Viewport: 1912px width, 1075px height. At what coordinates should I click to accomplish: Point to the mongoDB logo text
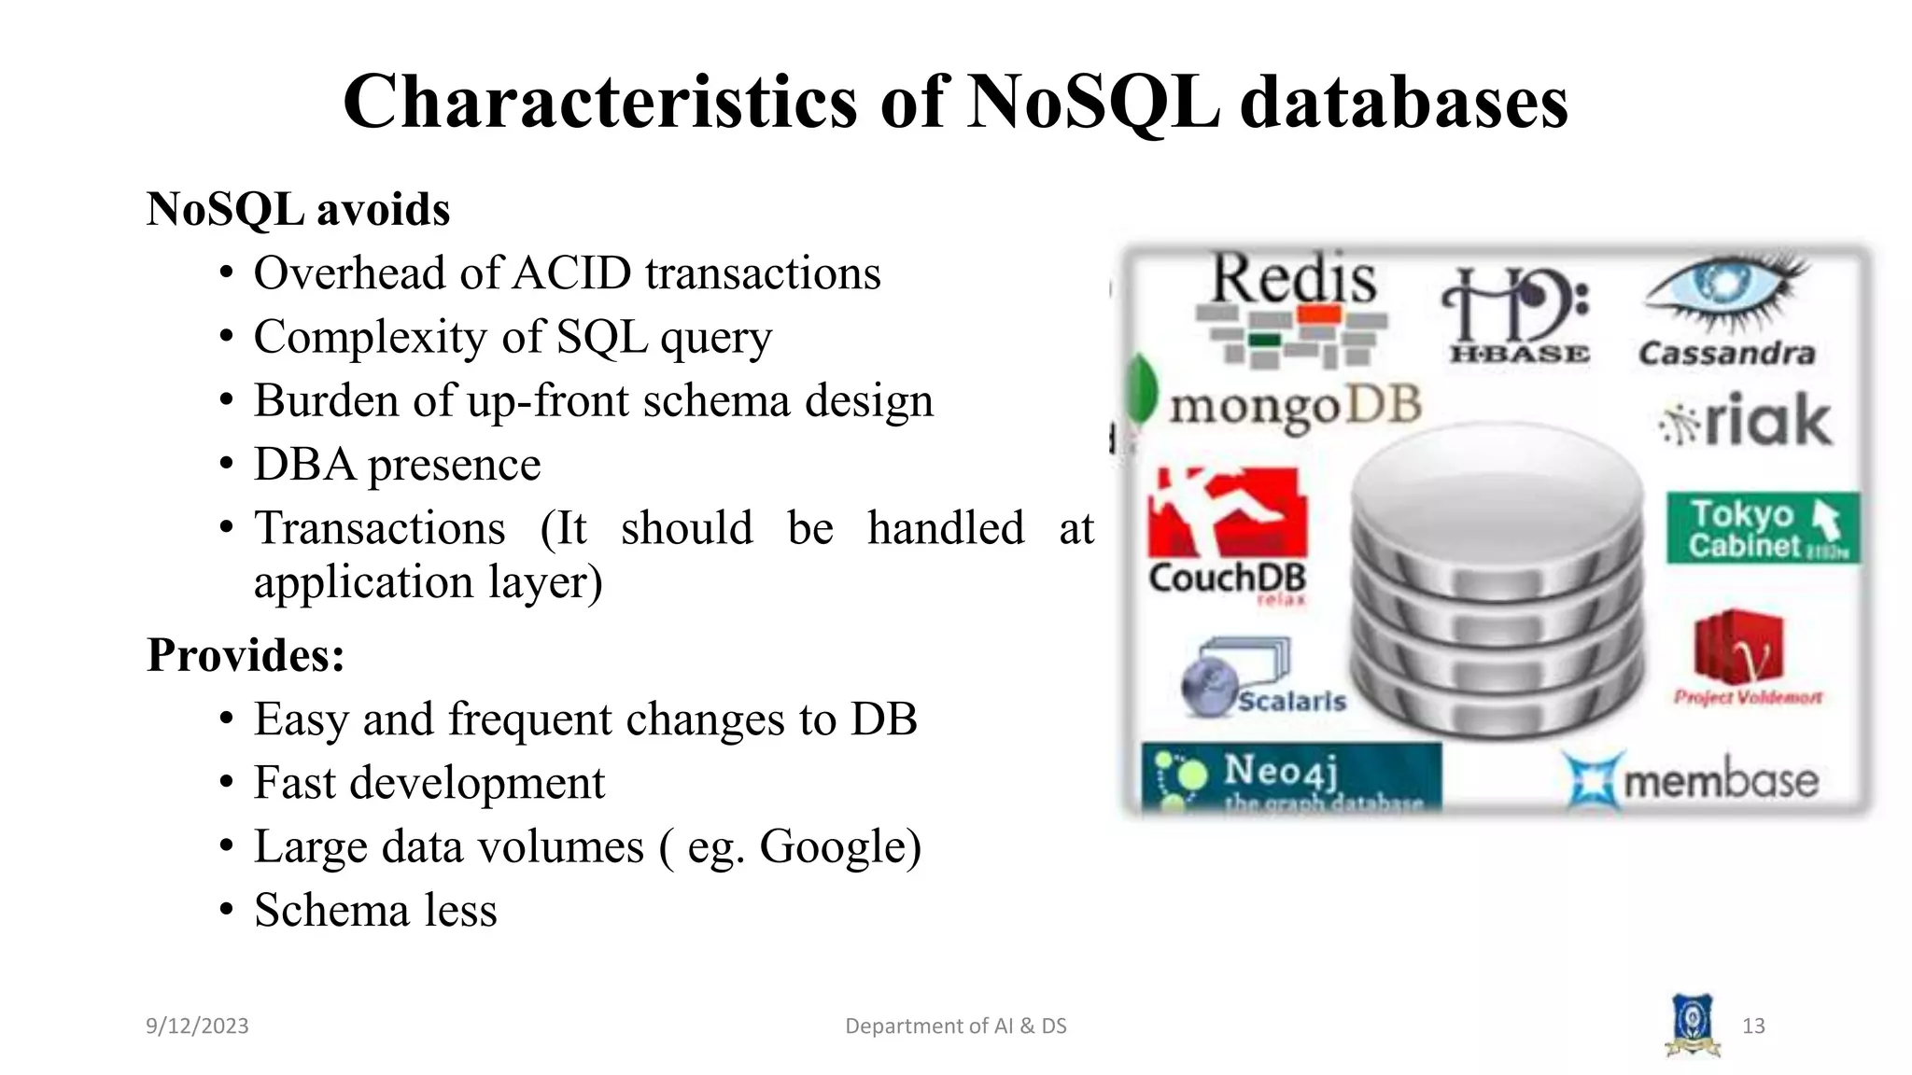(1295, 407)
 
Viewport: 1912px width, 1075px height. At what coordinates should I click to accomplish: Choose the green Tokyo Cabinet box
(1763, 528)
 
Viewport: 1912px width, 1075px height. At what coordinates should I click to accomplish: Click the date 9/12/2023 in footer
(197, 1026)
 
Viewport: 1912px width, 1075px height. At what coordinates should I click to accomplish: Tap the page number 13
(1752, 1026)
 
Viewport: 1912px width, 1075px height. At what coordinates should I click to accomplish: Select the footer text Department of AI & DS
(955, 1026)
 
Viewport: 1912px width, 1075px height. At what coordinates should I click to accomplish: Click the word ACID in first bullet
(572, 273)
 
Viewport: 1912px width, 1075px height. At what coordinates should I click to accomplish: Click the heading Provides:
(246, 655)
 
